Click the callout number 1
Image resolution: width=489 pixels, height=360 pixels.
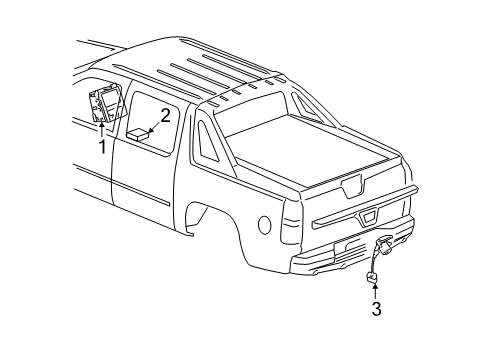pyautogui.click(x=103, y=147)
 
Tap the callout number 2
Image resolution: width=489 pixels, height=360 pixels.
pyautogui.click(x=166, y=116)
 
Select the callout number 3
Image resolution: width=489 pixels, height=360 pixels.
pyautogui.click(x=376, y=309)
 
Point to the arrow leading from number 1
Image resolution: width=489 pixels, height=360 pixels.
pyautogui.click(x=101, y=130)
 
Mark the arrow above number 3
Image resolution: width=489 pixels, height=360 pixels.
pyautogui.click(x=375, y=291)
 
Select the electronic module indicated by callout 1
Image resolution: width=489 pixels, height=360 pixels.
pyautogui.click(x=107, y=102)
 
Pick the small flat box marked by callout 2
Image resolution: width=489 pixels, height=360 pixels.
pyautogui.click(x=138, y=134)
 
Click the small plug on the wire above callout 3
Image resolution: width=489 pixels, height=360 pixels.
pyautogui.click(x=372, y=277)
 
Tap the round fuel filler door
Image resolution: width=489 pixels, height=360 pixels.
pyautogui.click(x=265, y=225)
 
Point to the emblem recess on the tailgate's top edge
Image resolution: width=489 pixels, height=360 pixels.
pyautogui.click(x=352, y=187)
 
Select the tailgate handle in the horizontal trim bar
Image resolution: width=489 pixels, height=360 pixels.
pyautogui.click(x=368, y=218)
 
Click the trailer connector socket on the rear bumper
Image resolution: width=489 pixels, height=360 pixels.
pyautogui.click(x=384, y=246)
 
